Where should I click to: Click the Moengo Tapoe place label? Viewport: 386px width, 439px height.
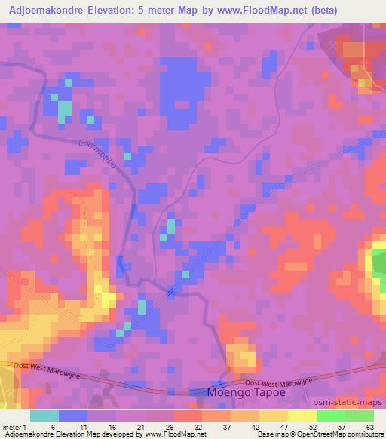241,393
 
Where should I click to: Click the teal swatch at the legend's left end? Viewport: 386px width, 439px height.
44,416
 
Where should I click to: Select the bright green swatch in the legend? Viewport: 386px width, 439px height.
332,416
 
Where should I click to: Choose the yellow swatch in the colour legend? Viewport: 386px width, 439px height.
275,416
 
